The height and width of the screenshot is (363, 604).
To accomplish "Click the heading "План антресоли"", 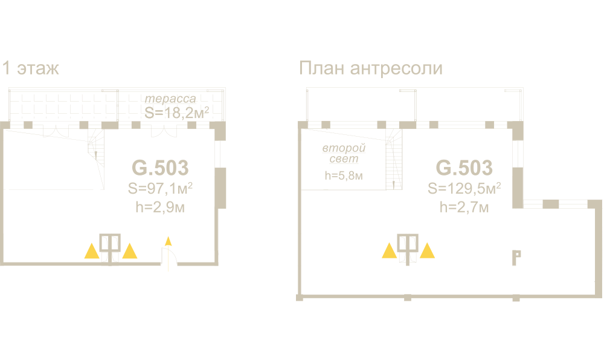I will coord(370,68).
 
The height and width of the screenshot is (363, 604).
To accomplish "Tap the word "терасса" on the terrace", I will coord(171,99).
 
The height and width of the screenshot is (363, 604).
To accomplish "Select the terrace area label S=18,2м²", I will coord(176,111).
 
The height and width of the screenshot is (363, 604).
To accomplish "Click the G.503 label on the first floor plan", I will coord(160,167).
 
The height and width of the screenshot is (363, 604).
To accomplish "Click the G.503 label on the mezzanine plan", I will coord(464,167).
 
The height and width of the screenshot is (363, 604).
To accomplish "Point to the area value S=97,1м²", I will coord(160,189).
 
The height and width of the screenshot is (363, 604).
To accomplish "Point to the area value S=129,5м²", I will coord(464,189).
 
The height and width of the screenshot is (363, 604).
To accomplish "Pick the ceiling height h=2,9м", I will coord(160,208).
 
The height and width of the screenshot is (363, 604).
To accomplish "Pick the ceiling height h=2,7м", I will coord(464,208).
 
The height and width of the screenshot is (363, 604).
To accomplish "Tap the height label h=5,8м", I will coord(343,176).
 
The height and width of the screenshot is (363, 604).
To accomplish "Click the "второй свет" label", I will coord(344,154).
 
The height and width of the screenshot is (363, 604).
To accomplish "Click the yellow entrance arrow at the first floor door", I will coord(169,242).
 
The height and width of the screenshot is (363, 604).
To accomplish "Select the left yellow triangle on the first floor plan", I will coord(91,251).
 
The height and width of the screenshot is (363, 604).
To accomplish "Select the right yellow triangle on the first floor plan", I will coord(130,251).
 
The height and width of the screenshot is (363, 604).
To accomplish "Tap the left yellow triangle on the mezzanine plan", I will coord(390,250).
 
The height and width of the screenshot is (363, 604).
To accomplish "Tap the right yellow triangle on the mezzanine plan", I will coord(428,250).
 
